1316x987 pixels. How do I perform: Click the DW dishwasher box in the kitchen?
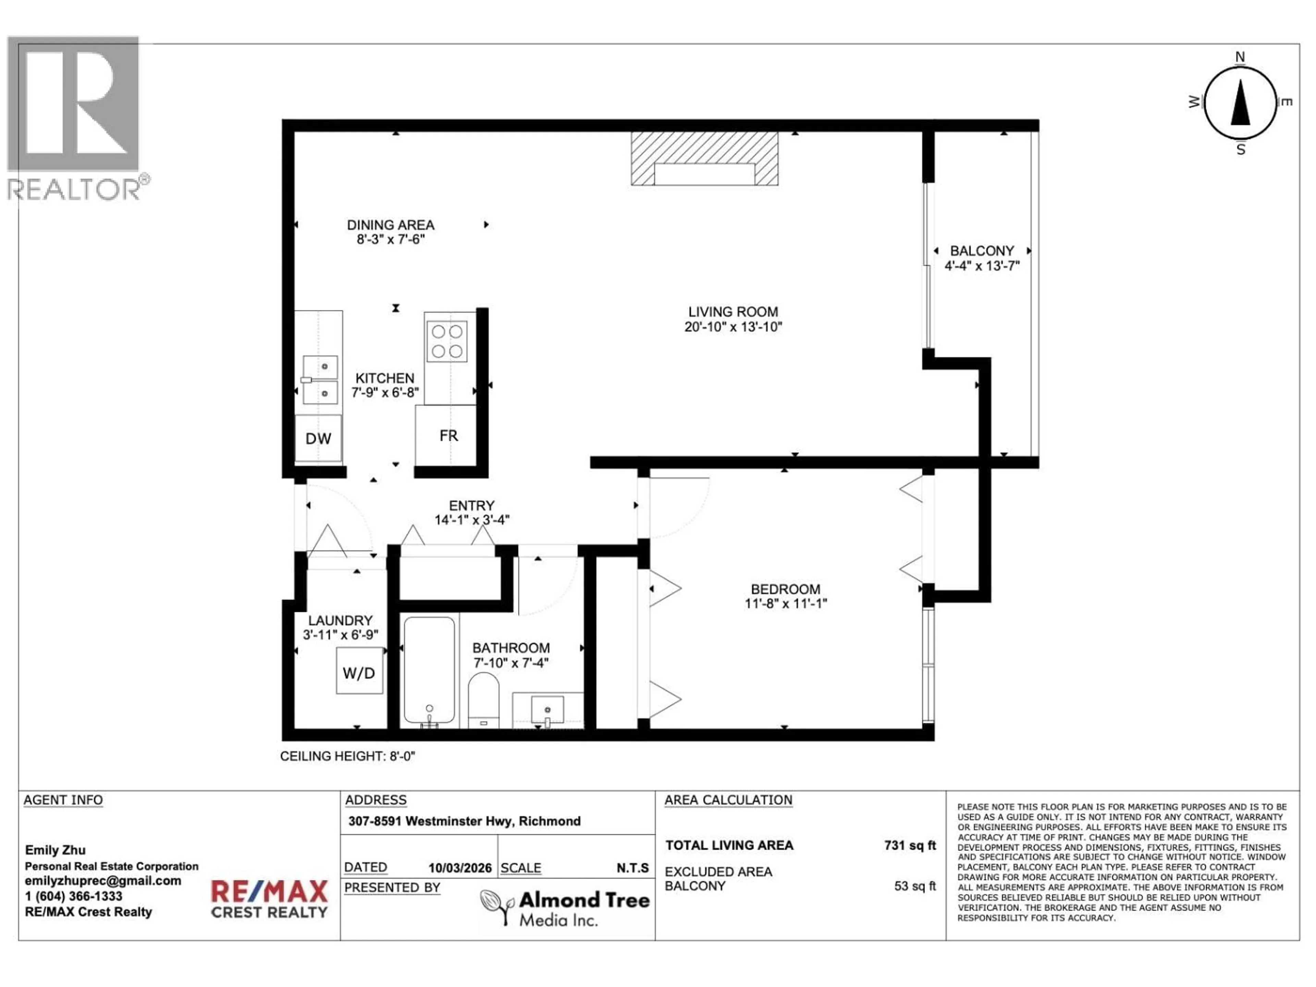pyautogui.click(x=318, y=438)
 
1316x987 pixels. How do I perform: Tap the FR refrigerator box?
pyautogui.click(x=448, y=436)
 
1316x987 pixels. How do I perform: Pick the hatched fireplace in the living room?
pyautogui.click(x=704, y=158)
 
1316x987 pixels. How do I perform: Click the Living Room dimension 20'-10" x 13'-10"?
pyautogui.click(x=733, y=327)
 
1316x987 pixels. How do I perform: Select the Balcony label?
pyautogui.click(x=982, y=251)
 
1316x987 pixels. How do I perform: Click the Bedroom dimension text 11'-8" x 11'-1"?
pyautogui.click(x=785, y=604)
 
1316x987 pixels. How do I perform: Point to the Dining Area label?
pyautogui.click(x=390, y=225)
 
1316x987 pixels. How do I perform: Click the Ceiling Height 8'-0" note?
pyautogui.click(x=348, y=756)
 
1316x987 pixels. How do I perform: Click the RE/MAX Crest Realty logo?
pyautogui.click(x=269, y=898)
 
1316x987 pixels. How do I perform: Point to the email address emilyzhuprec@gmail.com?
pyautogui.click(x=103, y=881)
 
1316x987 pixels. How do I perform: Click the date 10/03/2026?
pyautogui.click(x=460, y=868)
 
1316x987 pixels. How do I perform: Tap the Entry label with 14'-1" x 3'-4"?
pyautogui.click(x=471, y=513)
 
